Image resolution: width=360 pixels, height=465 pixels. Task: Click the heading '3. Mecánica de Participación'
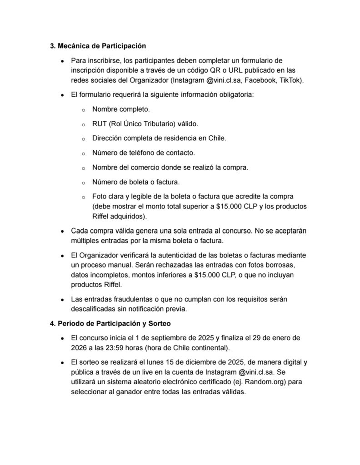[97, 46]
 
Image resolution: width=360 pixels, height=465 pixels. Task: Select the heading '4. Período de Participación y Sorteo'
[110, 323]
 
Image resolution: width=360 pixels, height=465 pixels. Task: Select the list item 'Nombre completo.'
[120, 109]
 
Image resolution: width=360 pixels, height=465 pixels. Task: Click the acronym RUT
[100, 124]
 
